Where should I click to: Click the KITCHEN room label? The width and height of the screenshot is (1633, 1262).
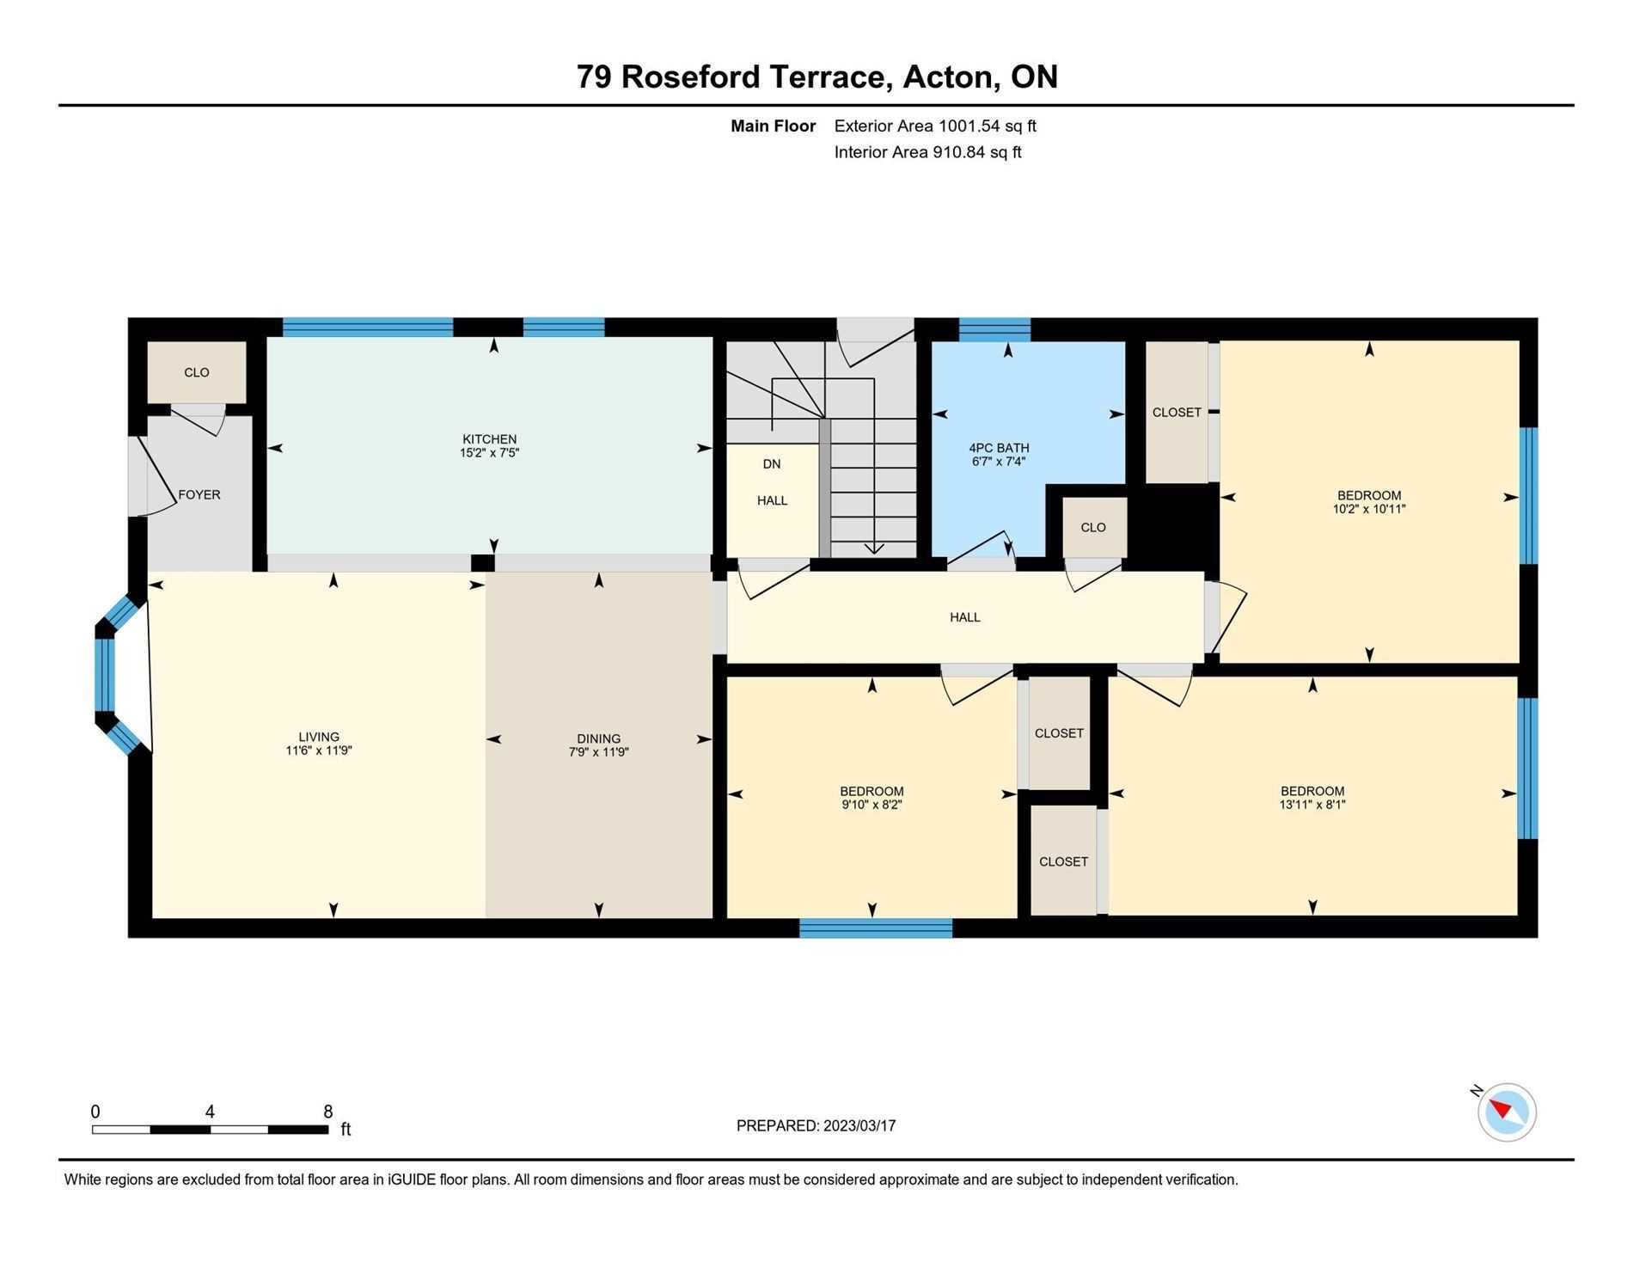click(x=489, y=439)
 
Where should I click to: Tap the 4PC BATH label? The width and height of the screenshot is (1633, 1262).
click(x=999, y=448)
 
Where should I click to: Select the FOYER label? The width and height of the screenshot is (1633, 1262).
click(x=199, y=495)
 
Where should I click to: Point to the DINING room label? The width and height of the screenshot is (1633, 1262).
click(x=598, y=738)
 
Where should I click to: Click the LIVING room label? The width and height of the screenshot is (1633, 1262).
click(x=319, y=737)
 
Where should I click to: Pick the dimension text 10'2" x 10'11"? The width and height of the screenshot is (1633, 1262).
click(x=1369, y=509)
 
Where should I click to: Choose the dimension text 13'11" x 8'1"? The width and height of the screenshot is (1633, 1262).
click(x=1312, y=805)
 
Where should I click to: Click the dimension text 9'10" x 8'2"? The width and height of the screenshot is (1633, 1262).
click(x=872, y=805)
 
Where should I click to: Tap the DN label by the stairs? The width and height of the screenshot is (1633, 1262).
click(x=772, y=464)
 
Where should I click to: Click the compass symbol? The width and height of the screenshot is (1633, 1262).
click(x=1507, y=1112)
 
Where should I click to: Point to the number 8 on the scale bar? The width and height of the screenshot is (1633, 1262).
click(x=327, y=1112)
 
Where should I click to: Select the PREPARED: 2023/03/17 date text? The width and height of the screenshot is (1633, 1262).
click(x=816, y=1126)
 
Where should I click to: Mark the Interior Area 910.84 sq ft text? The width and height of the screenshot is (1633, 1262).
click(x=927, y=152)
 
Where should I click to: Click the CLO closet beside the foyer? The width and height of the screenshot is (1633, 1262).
click(x=197, y=372)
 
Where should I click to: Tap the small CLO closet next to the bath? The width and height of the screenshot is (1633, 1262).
click(x=1093, y=527)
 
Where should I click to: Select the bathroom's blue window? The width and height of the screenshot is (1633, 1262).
click(x=994, y=329)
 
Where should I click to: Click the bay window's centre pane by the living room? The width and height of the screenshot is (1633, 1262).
click(x=105, y=675)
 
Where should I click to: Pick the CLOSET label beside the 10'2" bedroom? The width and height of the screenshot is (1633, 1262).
click(x=1177, y=413)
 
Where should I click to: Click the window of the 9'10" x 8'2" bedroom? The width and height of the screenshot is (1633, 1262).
click(x=876, y=928)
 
